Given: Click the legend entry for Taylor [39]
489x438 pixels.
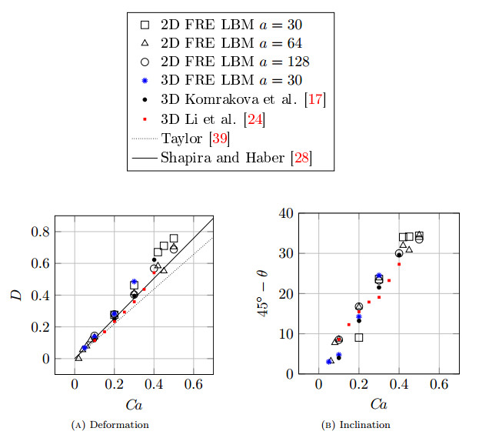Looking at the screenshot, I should click(195, 139).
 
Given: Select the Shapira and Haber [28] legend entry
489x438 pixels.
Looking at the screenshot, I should click(235, 159).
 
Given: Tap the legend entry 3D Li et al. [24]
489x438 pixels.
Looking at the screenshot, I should click(213, 119).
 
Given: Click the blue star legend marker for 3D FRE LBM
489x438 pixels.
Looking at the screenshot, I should click(143, 80).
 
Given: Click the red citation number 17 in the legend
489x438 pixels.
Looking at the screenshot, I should click(314, 100).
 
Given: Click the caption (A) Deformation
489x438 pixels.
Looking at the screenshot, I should click(116, 424).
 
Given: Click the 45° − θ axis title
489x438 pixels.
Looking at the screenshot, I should click(264, 293).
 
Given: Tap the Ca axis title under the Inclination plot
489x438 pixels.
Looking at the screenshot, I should click(378, 403).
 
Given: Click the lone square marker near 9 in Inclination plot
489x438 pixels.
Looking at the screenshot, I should click(359, 338).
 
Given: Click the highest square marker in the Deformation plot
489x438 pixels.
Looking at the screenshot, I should click(174, 239).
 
